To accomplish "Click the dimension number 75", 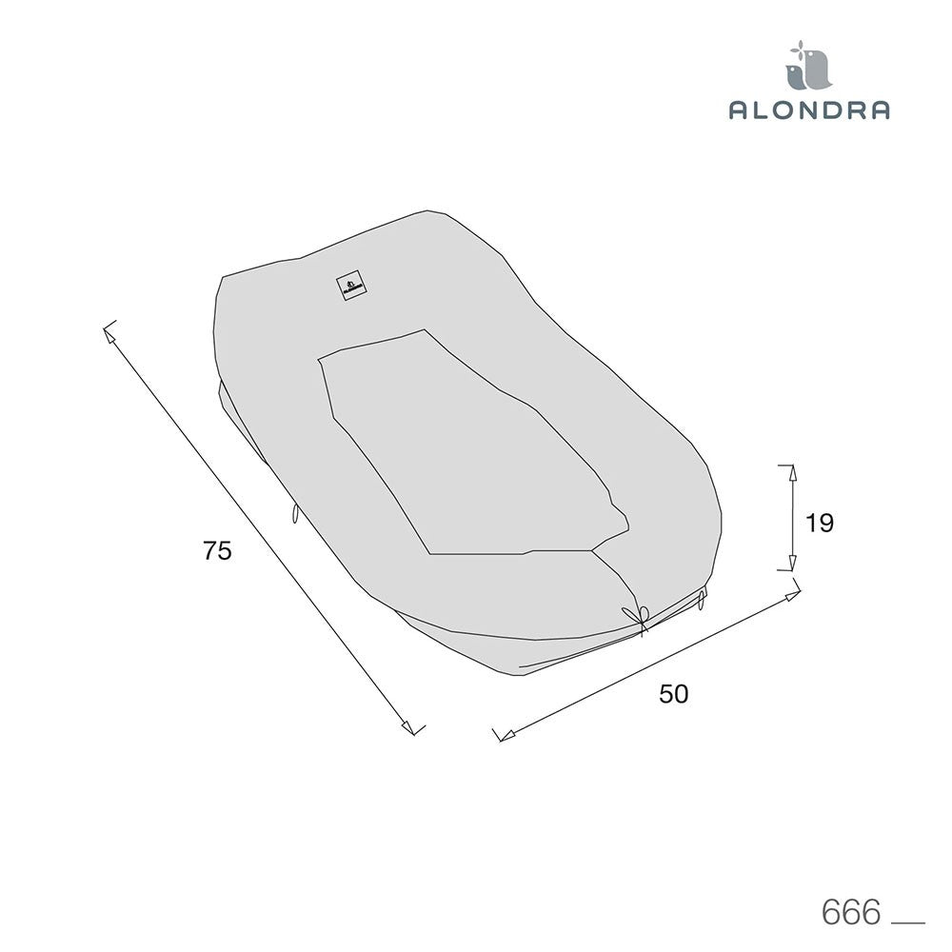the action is (x=217, y=550).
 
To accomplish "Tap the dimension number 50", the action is (x=673, y=694).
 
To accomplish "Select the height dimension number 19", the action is (x=819, y=523).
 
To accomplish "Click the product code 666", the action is (x=850, y=912).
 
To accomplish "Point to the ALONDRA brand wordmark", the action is (x=809, y=109).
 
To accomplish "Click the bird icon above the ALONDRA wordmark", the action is (x=808, y=65).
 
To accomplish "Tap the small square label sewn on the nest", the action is (x=351, y=286).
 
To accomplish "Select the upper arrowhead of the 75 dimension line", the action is (x=109, y=333).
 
